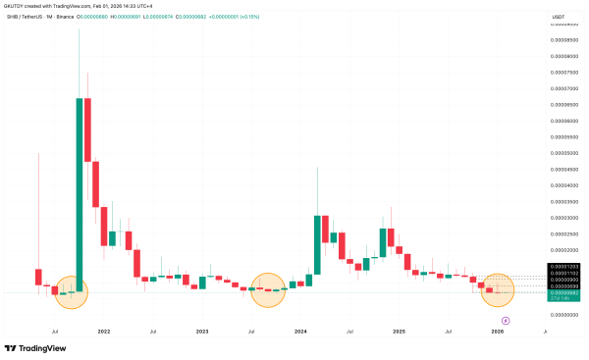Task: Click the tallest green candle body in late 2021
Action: click(x=79, y=192)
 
